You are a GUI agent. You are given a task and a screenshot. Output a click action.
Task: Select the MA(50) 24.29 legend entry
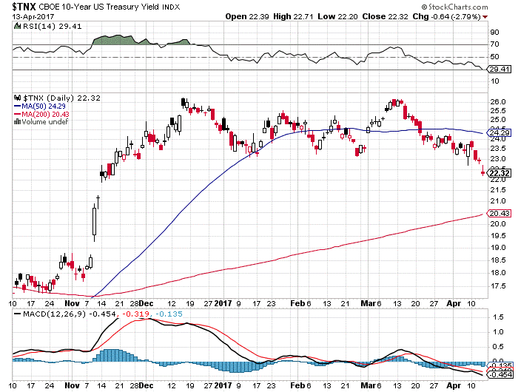[43, 106]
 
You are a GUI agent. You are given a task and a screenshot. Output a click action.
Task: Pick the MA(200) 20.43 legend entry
[44, 114]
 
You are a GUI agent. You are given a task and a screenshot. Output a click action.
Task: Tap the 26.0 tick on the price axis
[497, 101]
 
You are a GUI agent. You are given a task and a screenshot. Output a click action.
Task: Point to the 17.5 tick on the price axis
[497, 285]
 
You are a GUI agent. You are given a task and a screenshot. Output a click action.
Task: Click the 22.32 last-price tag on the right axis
[498, 173]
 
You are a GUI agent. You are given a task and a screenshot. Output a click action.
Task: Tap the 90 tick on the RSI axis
[494, 33]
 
